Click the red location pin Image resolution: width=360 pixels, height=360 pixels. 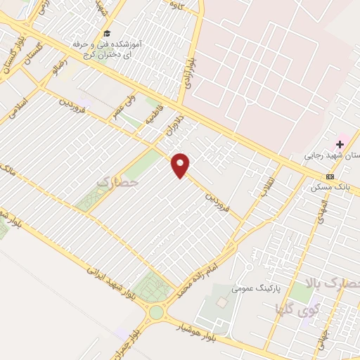click(x=181, y=165)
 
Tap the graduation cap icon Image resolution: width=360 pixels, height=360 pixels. click(x=107, y=33)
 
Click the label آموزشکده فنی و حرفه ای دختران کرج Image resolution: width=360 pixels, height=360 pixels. click(x=107, y=49)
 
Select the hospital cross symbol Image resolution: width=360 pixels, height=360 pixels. click(x=340, y=144)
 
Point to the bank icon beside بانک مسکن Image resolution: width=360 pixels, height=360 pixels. click(x=330, y=176)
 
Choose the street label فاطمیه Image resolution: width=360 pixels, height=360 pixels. click(x=155, y=114)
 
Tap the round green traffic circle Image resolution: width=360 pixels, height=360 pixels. click(x=155, y=312)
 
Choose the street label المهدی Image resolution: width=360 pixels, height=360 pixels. click(x=322, y=210)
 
